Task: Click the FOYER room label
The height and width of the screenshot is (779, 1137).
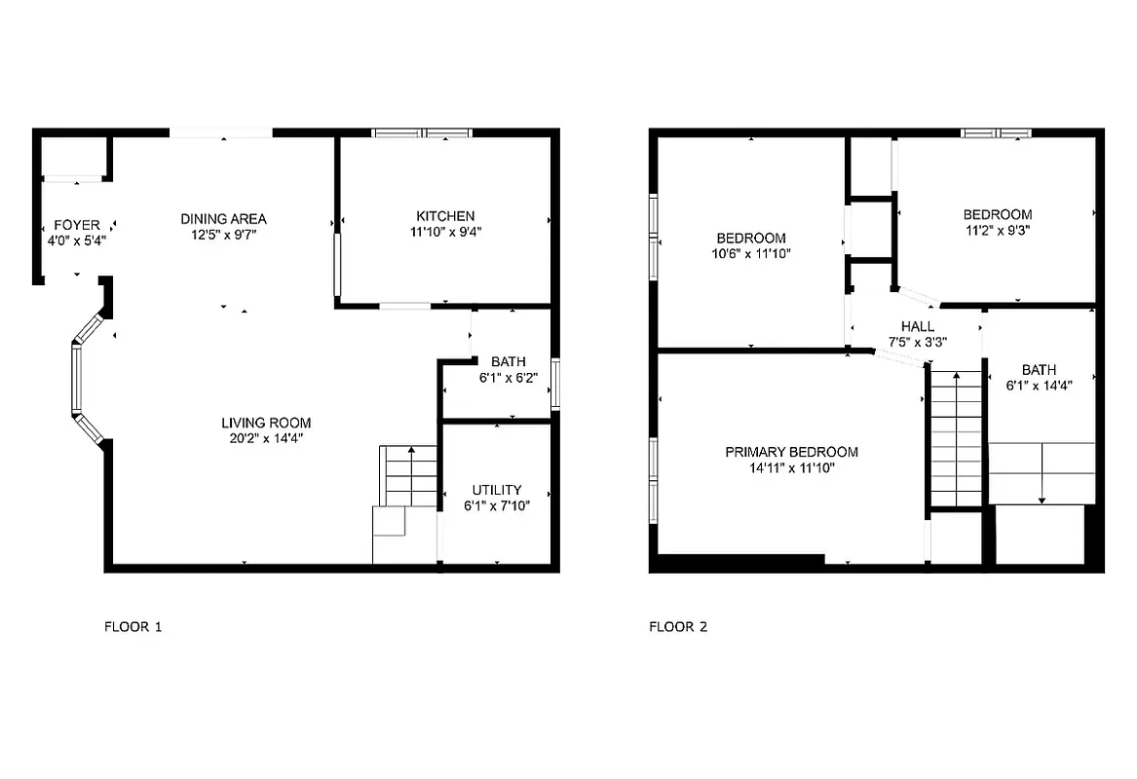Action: [x=77, y=225]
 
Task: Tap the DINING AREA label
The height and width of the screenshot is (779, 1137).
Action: [x=223, y=218]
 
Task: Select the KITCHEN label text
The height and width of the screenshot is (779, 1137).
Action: [x=445, y=215]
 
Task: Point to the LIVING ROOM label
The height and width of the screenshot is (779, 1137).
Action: [x=266, y=423]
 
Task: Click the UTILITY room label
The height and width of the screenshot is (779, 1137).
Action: [x=497, y=490]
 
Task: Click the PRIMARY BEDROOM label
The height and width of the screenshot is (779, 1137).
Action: [x=791, y=452]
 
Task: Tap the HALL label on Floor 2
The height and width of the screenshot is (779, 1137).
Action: [x=917, y=326]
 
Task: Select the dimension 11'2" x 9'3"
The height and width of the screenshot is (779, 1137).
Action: [x=997, y=231]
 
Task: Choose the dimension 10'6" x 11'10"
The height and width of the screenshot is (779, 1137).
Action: [x=750, y=254]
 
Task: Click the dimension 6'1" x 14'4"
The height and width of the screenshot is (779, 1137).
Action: [x=1039, y=385]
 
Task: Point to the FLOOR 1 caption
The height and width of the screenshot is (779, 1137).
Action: [x=133, y=627]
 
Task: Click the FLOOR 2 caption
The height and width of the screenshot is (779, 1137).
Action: [x=678, y=627]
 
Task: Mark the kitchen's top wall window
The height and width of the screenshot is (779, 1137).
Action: [x=423, y=132]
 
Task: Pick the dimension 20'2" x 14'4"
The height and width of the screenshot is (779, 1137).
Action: [x=266, y=438]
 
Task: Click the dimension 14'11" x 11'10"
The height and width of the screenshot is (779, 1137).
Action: [x=791, y=467]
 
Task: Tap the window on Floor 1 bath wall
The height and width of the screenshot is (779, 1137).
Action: [x=556, y=384]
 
